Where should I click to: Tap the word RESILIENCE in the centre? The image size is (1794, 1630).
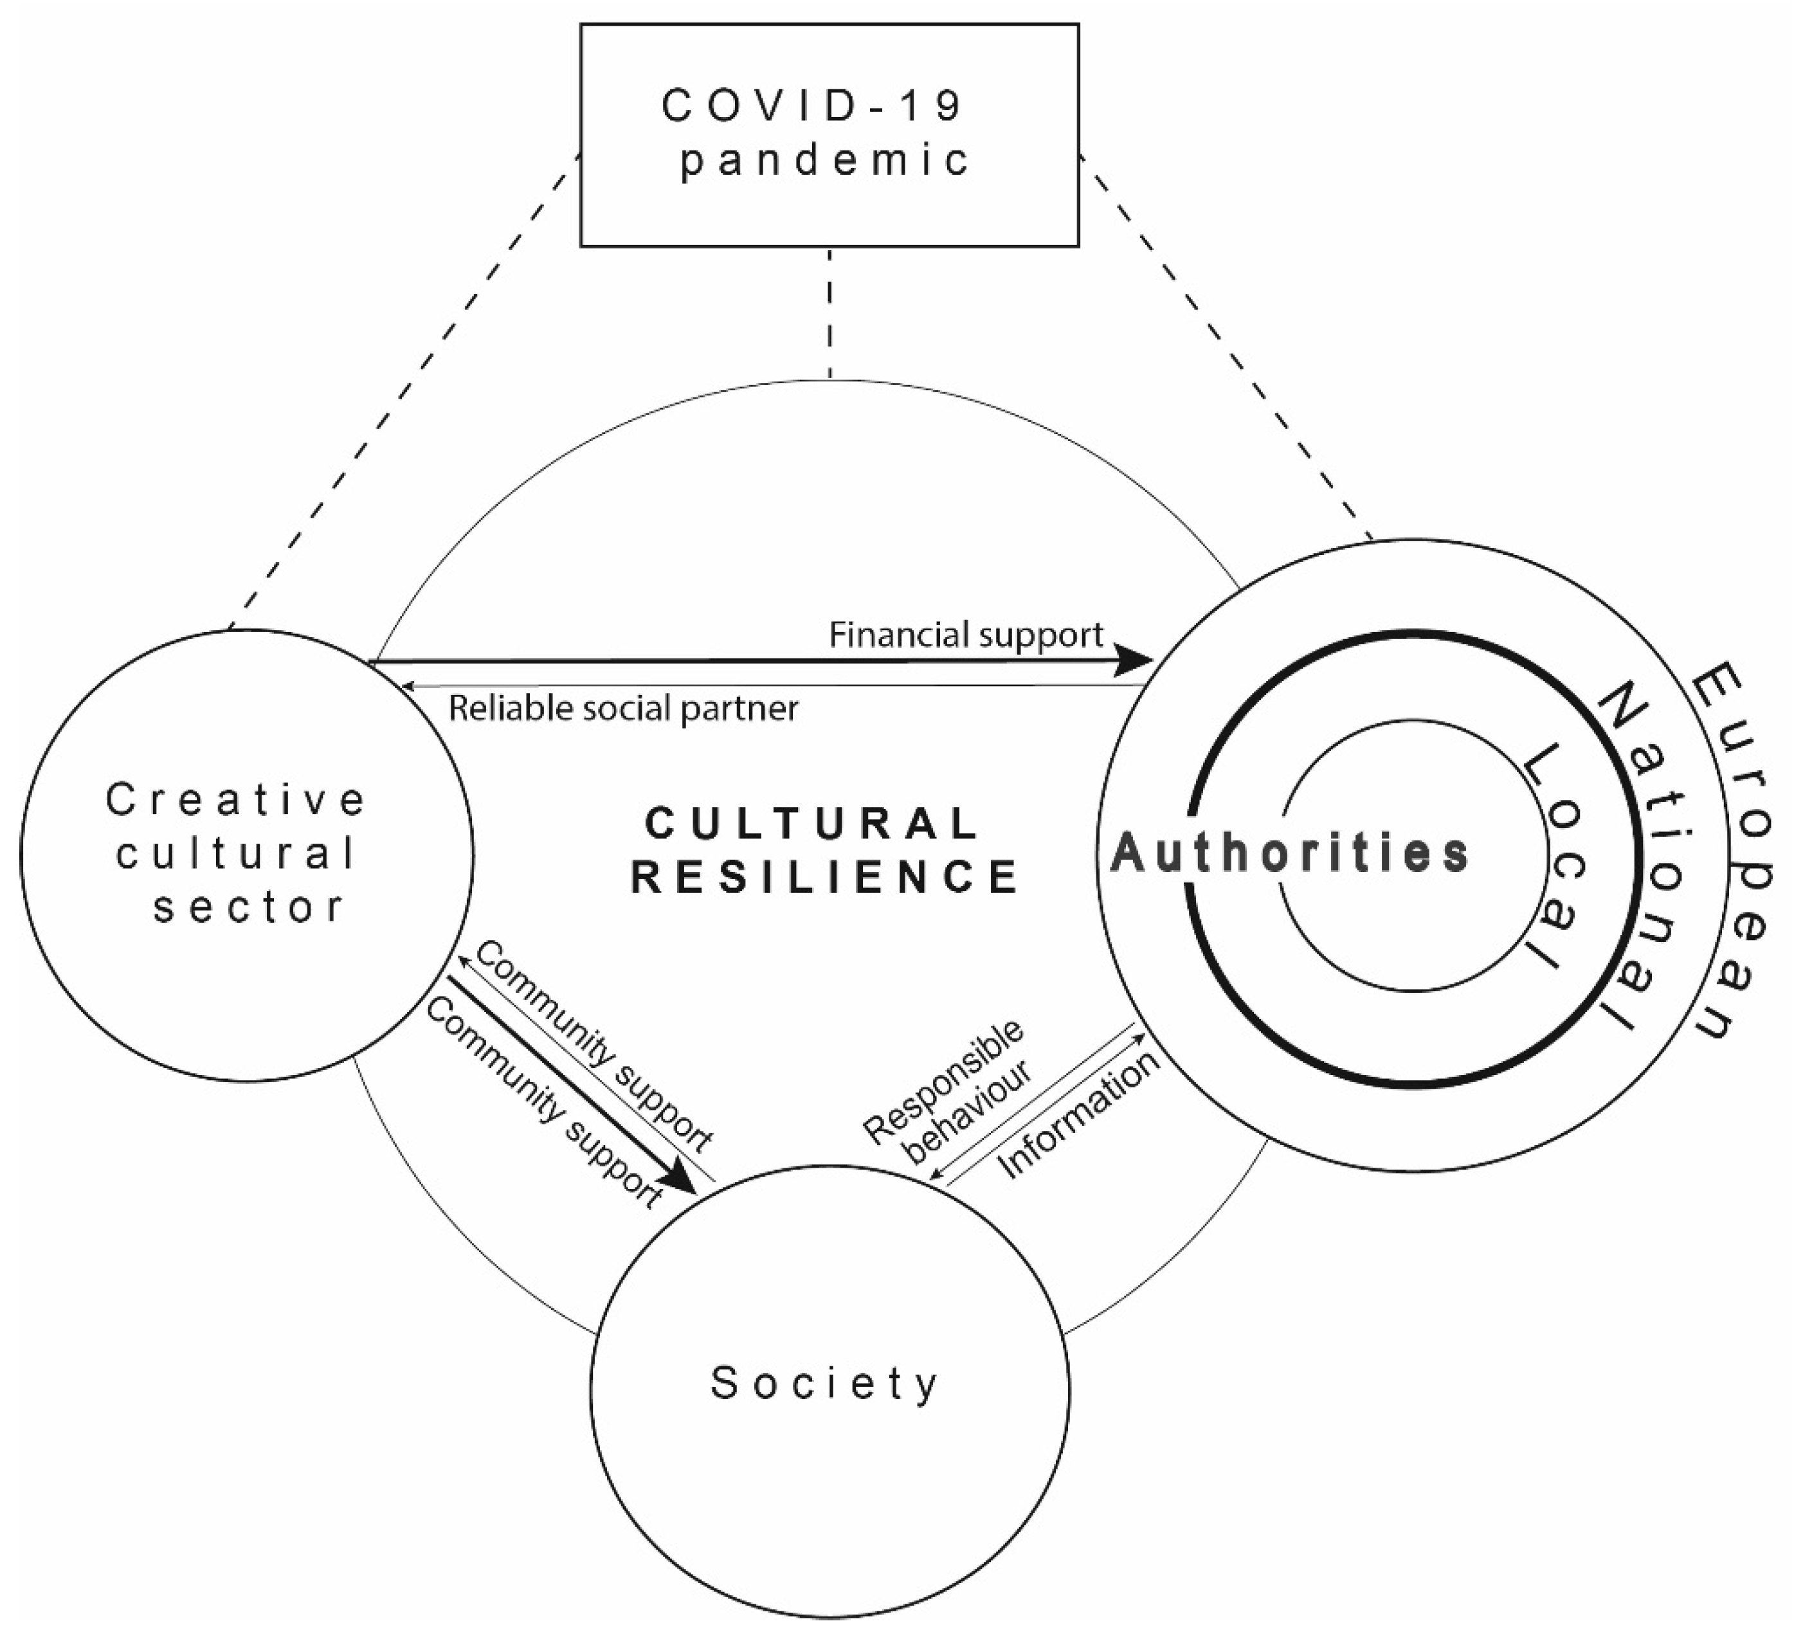pos(824,877)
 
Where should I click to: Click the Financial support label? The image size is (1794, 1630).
pos(966,635)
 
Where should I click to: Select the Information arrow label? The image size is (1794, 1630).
pos(1080,1116)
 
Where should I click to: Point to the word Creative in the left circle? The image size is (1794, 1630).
pos(236,800)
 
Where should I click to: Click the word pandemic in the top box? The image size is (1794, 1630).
pos(824,161)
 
